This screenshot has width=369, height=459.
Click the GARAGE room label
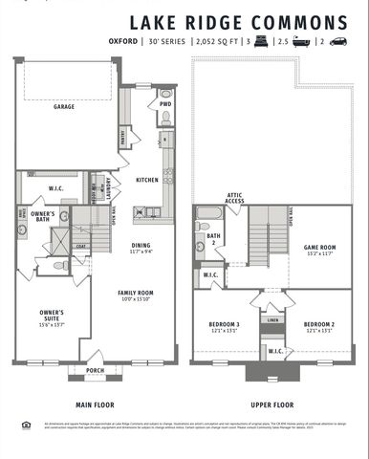coord(64,108)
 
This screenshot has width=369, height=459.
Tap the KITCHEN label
coord(146,179)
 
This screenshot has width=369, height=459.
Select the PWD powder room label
coord(165,104)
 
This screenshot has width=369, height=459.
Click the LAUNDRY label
coord(109,187)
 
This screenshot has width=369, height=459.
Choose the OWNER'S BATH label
coord(41,216)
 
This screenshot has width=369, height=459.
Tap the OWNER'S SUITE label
coord(51,315)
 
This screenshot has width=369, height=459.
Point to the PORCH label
coord(95,370)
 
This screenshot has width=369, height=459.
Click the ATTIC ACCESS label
coord(235,198)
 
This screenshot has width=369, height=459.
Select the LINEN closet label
coord(273,320)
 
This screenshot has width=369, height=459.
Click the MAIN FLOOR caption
coord(94,404)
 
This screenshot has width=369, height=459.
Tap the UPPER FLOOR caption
coord(271,404)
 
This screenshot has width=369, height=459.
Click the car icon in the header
coord(340,42)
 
